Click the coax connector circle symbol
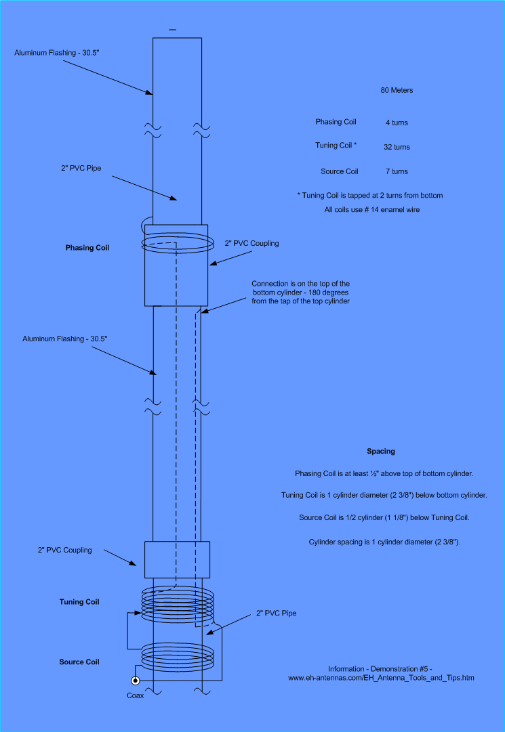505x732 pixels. tap(135, 681)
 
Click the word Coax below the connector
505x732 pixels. tap(136, 695)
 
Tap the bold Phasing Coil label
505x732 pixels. tap(87, 248)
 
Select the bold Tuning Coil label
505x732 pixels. tap(79, 602)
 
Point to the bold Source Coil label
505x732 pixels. tap(79, 662)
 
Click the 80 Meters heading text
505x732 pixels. tap(397, 91)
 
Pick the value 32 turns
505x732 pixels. tap(397, 147)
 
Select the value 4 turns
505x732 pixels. tap(397, 123)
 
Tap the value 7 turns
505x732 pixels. tap(397, 172)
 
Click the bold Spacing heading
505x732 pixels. tap(381, 452)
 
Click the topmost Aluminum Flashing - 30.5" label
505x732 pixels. tap(57, 53)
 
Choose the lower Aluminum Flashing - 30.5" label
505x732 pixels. tap(65, 339)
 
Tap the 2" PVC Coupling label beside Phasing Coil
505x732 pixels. tap(251, 244)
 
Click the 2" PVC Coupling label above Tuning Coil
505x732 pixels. tap(65, 551)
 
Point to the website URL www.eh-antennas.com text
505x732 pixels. tap(382, 678)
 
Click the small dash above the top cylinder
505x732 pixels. tap(173, 30)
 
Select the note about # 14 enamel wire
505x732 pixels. tap(372, 210)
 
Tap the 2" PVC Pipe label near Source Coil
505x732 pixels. tap(276, 613)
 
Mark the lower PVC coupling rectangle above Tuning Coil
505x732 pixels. tap(177, 560)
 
